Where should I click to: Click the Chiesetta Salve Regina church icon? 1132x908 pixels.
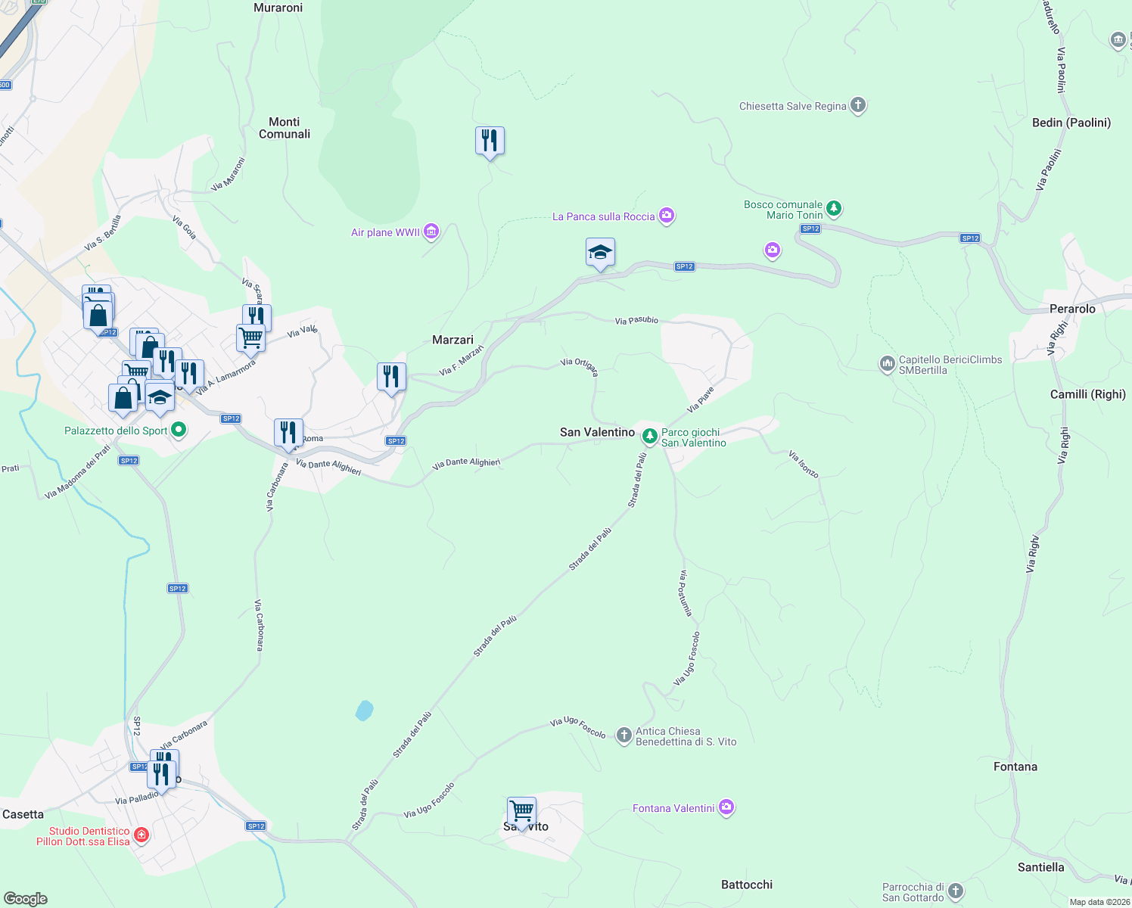tap(857, 105)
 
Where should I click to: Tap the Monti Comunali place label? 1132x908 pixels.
tap(285, 128)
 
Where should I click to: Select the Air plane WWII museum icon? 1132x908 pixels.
tap(431, 232)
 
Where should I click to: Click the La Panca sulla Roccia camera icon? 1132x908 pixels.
tap(667, 216)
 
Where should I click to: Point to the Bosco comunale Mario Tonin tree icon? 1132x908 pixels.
tap(834, 207)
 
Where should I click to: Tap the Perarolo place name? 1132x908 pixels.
tap(1072, 309)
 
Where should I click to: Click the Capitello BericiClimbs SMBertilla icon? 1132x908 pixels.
tap(887, 364)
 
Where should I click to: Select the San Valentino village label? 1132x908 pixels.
tap(597, 432)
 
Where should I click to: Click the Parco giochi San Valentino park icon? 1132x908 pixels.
tap(649, 437)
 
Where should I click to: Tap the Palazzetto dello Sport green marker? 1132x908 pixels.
tap(179, 430)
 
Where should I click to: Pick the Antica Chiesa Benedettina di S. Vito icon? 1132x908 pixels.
tap(624, 735)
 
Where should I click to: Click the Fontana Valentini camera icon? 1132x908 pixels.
tap(726, 807)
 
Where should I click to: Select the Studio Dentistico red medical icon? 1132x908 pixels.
tap(141, 835)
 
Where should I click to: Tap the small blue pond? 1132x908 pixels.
tap(365, 711)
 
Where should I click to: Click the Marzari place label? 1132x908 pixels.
tap(452, 340)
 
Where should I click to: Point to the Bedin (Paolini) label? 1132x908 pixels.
tap(1071, 123)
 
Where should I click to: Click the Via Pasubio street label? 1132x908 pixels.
tap(636, 321)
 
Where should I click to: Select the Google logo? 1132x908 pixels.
tap(26, 899)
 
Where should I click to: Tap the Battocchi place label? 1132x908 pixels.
tap(747, 885)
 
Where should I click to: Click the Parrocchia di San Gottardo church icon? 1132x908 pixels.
tap(956, 891)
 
